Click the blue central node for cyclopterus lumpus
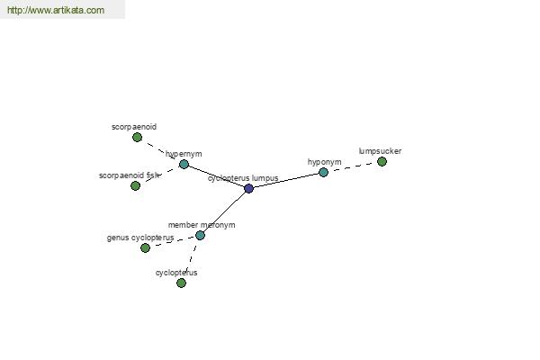[x=248, y=188]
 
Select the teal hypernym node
[x=184, y=165]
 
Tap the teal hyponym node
[x=323, y=172]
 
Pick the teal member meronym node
[x=200, y=236]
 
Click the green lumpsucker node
[x=382, y=162]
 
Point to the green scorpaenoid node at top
[x=137, y=138]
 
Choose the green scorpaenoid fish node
[x=135, y=186]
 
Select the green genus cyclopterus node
[x=145, y=248]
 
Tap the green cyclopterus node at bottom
[x=181, y=283]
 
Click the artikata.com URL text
[x=56, y=10]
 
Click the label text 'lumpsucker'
[x=380, y=151]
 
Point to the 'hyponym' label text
[x=324, y=162]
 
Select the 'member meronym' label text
[x=202, y=225]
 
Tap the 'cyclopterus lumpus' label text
[x=243, y=178]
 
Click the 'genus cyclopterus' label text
[x=140, y=238]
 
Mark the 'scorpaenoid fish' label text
[x=129, y=175]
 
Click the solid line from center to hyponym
[x=286, y=181]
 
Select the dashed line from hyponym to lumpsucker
[x=353, y=167]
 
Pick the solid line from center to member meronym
[x=224, y=212]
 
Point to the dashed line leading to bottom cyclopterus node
[x=191, y=258]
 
